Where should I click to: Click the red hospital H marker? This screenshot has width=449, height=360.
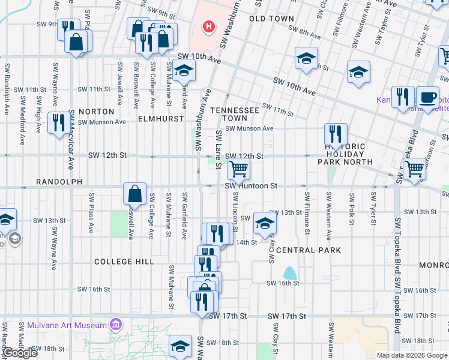(209, 26)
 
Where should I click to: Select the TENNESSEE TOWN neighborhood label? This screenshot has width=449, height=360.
(235, 115)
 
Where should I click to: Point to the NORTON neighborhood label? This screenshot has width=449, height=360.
(96, 112)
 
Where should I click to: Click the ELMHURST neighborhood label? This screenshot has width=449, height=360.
(161, 119)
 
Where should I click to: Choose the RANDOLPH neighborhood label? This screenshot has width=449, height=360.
(58, 181)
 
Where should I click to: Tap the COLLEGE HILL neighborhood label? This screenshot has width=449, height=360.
(124, 262)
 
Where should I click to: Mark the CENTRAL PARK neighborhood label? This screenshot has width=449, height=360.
(309, 250)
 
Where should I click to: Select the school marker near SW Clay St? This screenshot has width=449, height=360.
(264, 224)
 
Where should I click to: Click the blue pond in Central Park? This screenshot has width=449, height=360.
(289, 272)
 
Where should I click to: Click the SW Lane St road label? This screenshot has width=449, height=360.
(218, 151)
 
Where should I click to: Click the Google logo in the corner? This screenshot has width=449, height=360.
(20, 353)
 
